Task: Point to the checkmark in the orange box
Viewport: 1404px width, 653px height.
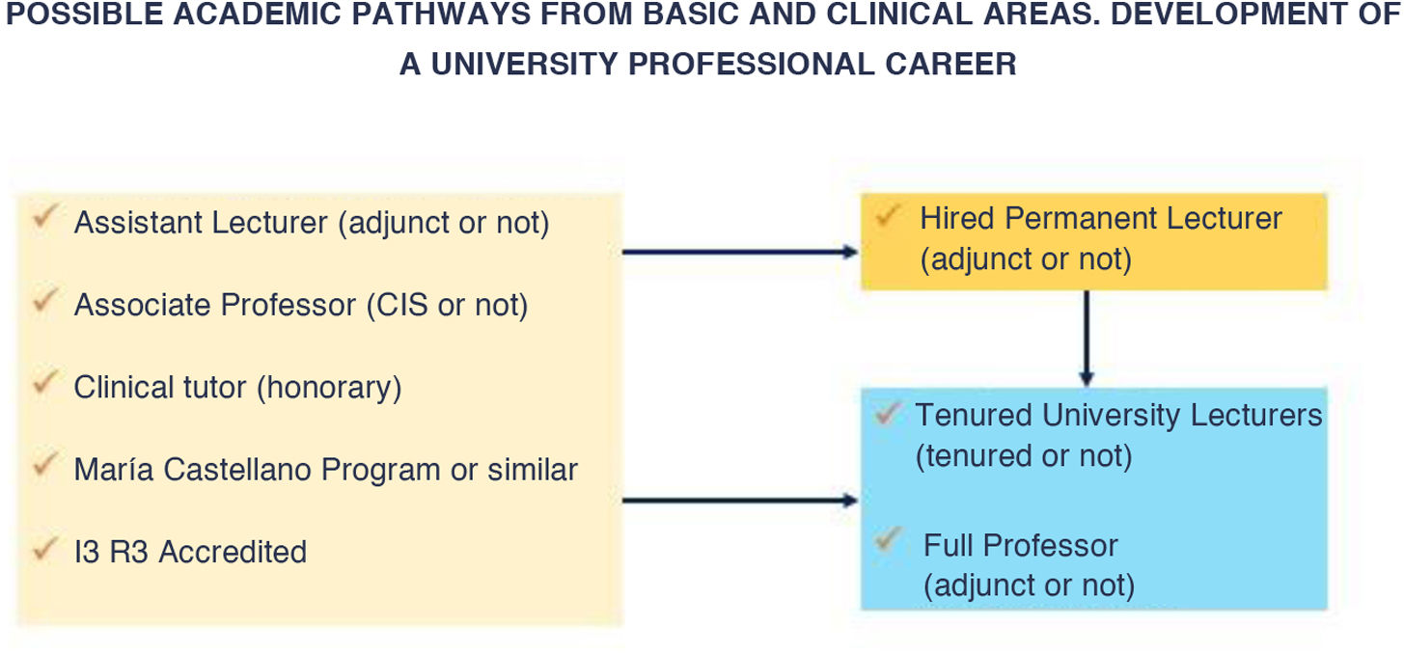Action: point(887,214)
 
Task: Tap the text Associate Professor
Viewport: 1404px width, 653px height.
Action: point(214,305)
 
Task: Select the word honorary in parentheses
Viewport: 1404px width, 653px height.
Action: point(329,388)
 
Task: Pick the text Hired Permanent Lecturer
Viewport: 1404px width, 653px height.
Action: point(1100,219)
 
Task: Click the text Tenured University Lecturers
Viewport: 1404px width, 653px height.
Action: point(1118,415)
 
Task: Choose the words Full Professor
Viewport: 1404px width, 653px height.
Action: point(1020,545)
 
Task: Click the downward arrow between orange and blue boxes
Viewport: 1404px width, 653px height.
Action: point(1087,338)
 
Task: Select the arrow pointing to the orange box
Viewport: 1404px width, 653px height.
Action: point(740,252)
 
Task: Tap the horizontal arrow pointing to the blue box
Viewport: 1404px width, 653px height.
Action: point(740,501)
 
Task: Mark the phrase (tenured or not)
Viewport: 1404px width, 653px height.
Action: point(1024,455)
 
